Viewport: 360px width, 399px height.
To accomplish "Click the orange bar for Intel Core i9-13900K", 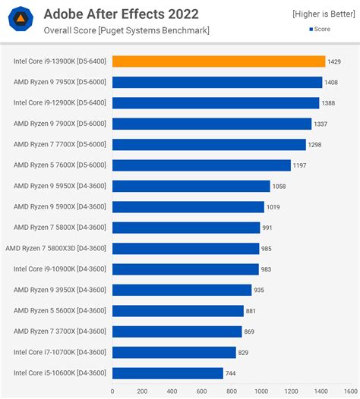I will [x=219, y=61].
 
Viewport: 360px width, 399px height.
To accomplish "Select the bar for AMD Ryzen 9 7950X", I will [x=217, y=82].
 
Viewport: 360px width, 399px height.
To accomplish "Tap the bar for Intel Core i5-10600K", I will [x=168, y=372].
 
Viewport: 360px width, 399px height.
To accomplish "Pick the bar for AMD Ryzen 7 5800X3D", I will [x=185, y=248].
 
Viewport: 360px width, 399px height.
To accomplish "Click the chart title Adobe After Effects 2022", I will [x=121, y=14].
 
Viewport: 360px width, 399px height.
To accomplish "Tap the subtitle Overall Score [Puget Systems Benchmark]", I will [x=126, y=30].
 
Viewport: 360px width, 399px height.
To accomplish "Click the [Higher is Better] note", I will [x=322, y=14].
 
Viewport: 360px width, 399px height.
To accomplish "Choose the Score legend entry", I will [x=330, y=30].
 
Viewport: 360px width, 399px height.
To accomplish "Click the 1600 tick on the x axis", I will [x=350, y=391].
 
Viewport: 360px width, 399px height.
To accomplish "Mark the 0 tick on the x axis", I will [x=112, y=391].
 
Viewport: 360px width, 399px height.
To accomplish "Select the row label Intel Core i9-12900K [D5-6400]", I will [x=60, y=103].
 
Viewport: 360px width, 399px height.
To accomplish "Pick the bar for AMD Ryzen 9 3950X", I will [x=182, y=290].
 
